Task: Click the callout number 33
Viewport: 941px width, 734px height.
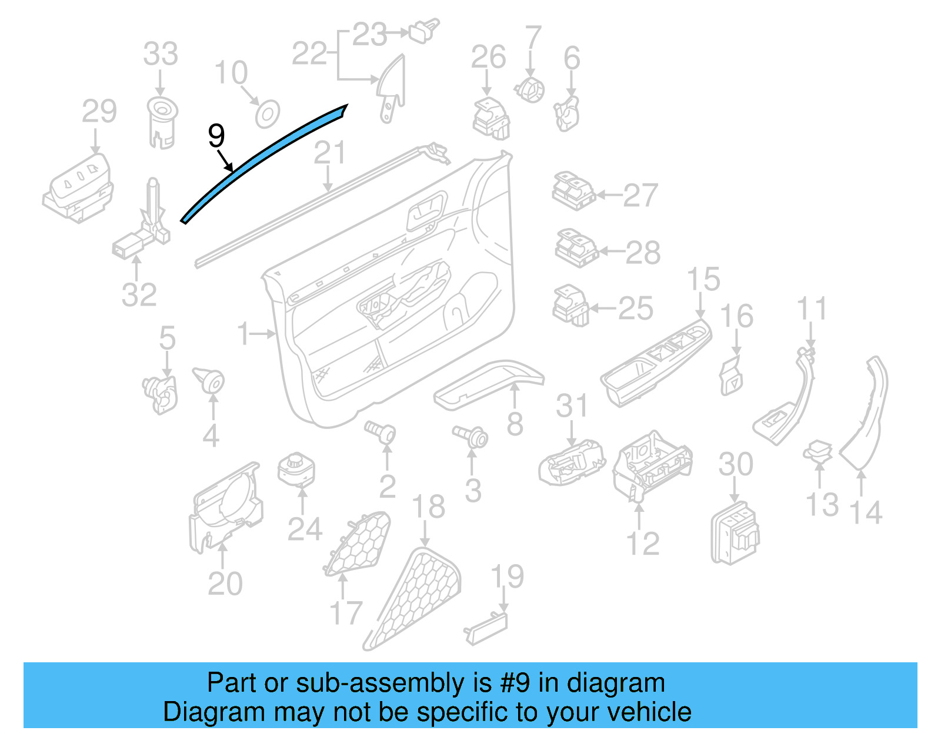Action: pyautogui.click(x=161, y=54)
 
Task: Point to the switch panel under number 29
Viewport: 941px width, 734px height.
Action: pyautogui.click(x=79, y=187)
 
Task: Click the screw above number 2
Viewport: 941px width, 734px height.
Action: pyautogui.click(x=381, y=433)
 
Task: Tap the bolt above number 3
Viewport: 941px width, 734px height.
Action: pyautogui.click(x=471, y=437)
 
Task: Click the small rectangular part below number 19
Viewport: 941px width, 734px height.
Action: pyautogui.click(x=486, y=628)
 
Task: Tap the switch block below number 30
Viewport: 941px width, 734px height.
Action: pyautogui.click(x=735, y=532)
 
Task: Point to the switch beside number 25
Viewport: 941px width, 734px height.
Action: pyautogui.click(x=570, y=305)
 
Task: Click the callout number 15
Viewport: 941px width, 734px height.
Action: pyautogui.click(x=703, y=279)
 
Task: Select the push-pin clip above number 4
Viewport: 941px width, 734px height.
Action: pyautogui.click(x=209, y=380)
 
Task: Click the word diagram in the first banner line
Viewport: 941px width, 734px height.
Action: pyautogui.click(x=616, y=683)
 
